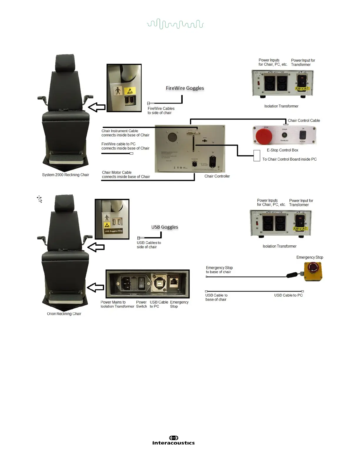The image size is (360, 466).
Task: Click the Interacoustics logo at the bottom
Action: [173, 440]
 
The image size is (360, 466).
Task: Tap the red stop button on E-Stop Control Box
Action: [264, 136]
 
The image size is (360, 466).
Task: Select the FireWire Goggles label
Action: [185, 88]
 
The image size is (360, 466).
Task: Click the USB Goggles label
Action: [165, 227]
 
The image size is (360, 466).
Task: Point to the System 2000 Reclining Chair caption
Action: [65, 175]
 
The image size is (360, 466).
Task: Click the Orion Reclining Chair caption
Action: [64, 314]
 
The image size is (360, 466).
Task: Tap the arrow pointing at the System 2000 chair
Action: [97, 107]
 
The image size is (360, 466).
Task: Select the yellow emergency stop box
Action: [313, 271]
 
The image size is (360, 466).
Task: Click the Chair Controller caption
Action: [217, 176]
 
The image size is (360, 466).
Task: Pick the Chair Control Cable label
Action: [304, 120]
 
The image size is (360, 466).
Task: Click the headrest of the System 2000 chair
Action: [65, 63]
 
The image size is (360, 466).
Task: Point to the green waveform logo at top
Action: [175, 24]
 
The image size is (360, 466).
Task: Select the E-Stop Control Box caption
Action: [282, 150]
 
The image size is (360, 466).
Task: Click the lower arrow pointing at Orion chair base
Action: [96, 287]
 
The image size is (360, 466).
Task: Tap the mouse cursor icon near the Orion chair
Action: [40, 199]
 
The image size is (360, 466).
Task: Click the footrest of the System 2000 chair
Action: [65, 159]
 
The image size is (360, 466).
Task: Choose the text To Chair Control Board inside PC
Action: [289, 159]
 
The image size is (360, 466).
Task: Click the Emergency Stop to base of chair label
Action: [219, 270]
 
